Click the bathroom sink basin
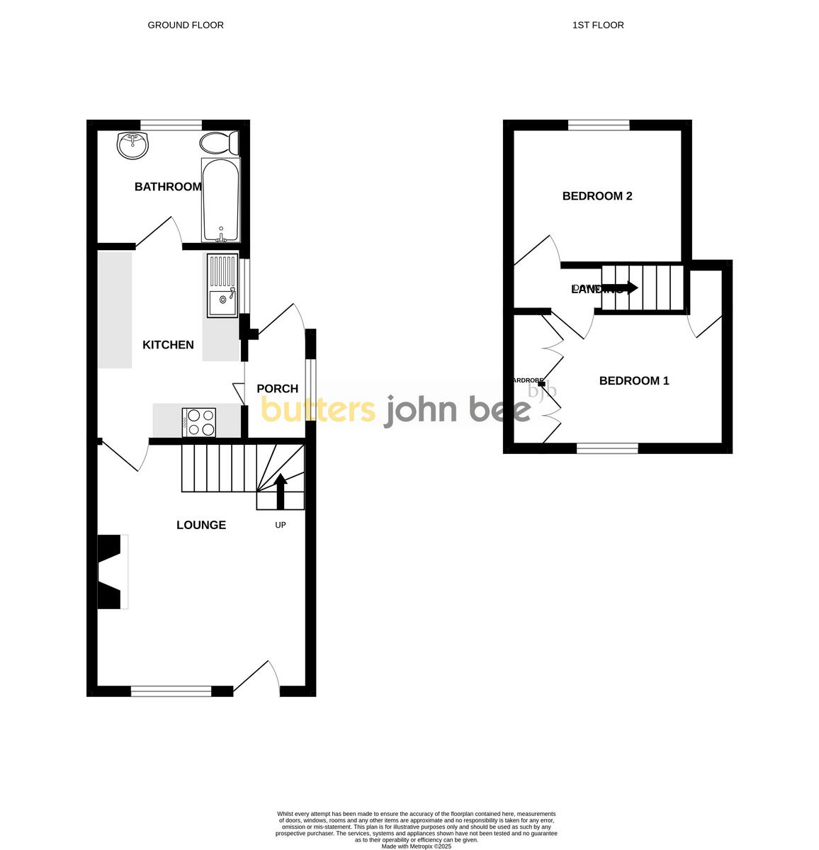[x=132, y=145]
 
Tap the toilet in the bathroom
[x=219, y=144]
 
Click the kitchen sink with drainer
[x=222, y=285]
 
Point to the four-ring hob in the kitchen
[x=199, y=422]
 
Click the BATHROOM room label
[x=168, y=187]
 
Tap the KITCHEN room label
[x=168, y=345]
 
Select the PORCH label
[x=277, y=389]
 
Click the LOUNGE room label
[x=201, y=525]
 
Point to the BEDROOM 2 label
[x=597, y=196]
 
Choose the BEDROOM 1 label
[x=634, y=381]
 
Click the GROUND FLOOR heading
[x=186, y=25]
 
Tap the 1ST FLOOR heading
[x=598, y=25]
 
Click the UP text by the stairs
[x=281, y=525]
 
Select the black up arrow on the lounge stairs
[x=281, y=490]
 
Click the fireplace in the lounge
[x=111, y=572]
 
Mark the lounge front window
[x=171, y=691]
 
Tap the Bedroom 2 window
[x=599, y=125]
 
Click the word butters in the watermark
[x=318, y=409]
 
